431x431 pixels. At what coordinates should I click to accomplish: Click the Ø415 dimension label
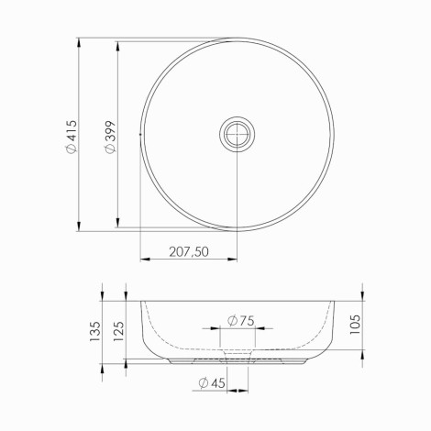point(72,137)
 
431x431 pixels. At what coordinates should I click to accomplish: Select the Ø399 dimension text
point(110,137)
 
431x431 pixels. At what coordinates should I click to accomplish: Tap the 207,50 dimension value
point(189,252)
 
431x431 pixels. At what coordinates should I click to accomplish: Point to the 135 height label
point(94,331)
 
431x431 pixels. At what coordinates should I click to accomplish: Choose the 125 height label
point(118,331)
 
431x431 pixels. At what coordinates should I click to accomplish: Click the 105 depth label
point(355,325)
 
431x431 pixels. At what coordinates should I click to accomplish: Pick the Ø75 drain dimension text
point(241,321)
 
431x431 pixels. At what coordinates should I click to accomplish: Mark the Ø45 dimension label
point(212,382)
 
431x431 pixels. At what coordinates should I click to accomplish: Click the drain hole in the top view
point(237,134)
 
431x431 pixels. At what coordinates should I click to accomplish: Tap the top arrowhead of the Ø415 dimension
point(79,42)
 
